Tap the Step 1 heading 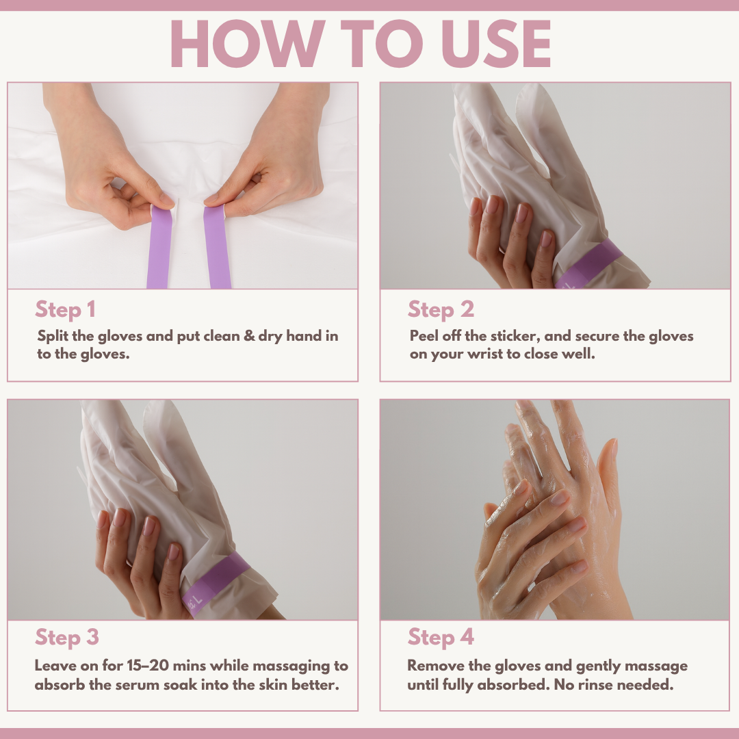coord(66,309)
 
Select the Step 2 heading coord(441,309)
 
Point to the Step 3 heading coord(67,637)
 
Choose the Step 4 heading coord(441,637)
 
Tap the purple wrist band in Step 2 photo coord(588,264)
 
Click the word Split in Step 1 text coord(52,336)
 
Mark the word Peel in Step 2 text coord(424,336)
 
